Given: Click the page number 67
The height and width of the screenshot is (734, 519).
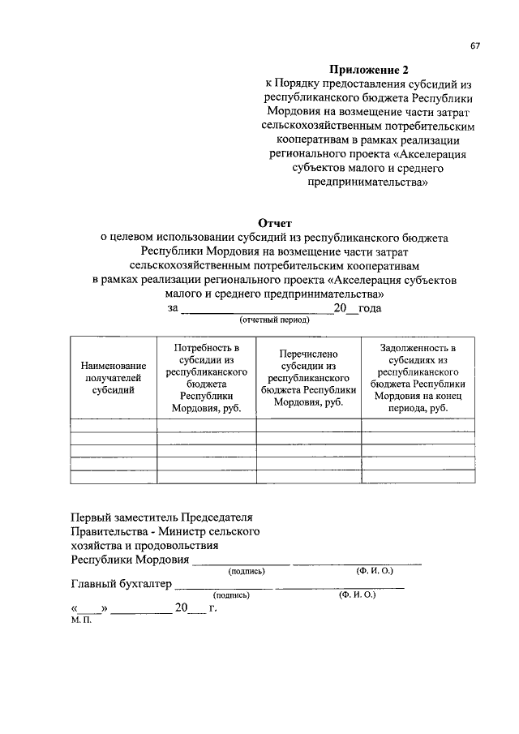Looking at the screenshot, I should pyautogui.click(x=475, y=46).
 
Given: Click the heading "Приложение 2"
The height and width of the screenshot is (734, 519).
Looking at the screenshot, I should pyautogui.click(x=368, y=70).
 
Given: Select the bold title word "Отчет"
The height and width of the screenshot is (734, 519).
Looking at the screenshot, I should pyautogui.click(x=274, y=222).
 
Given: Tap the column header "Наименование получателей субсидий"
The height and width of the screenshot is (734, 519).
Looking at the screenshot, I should pyautogui.click(x=114, y=377).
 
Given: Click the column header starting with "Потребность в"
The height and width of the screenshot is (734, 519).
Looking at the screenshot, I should pyautogui.click(x=206, y=377).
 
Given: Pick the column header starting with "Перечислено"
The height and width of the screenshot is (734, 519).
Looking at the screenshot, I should pyautogui.click(x=308, y=378).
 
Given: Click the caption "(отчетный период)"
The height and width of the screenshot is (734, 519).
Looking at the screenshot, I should pyautogui.click(x=274, y=320).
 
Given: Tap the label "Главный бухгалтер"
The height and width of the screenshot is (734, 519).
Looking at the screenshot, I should pyautogui.click(x=122, y=583).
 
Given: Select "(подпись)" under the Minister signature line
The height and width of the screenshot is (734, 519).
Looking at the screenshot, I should pyautogui.click(x=247, y=571).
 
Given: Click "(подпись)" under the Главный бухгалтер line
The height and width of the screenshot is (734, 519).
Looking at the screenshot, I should pyautogui.click(x=230, y=594).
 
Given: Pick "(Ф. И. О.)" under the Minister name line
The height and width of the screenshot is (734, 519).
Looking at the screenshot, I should pyautogui.click(x=375, y=571).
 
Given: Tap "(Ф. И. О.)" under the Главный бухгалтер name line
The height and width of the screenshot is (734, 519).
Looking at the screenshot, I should pyautogui.click(x=358, y=594).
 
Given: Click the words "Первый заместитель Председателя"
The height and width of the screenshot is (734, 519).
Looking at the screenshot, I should pyautogui.click(x=162, y=517).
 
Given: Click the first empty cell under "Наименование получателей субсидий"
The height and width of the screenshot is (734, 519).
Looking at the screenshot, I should pyautogui.click(x=114, y=423).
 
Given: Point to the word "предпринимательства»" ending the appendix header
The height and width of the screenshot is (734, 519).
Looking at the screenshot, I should pyautogui.click(x=368, y=182).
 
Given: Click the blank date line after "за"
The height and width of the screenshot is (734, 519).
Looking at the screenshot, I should pyautogui.click(x=256, y=309).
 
